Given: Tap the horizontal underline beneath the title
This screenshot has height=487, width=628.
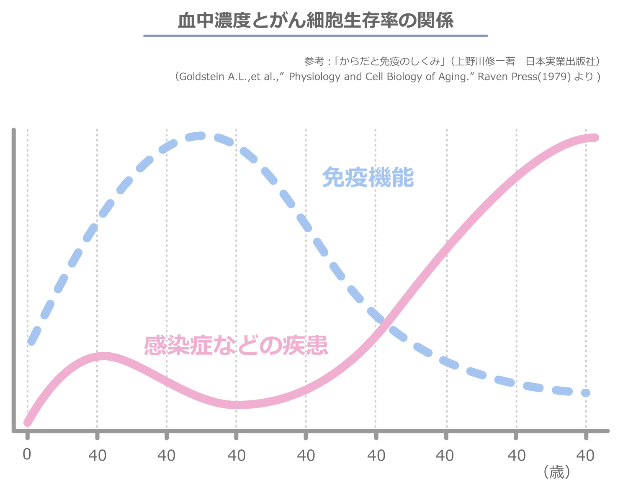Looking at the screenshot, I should pos(315,36).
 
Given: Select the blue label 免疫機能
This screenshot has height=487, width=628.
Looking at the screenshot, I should pos(368,178).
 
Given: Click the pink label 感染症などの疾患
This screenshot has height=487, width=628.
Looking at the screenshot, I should pos(236,346).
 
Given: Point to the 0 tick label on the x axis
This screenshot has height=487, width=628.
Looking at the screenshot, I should pos(27,454).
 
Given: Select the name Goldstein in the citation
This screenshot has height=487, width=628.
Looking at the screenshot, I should pos(202,77).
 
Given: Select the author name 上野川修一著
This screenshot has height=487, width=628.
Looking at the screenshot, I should pos(484,62).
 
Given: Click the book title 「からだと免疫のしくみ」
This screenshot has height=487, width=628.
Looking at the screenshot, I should pos(391,62).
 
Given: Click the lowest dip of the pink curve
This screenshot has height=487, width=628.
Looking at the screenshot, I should pos(237,405).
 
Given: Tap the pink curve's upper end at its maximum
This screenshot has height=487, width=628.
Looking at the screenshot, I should pos(594,138).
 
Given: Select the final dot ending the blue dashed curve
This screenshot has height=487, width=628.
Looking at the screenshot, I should pos(586,392).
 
